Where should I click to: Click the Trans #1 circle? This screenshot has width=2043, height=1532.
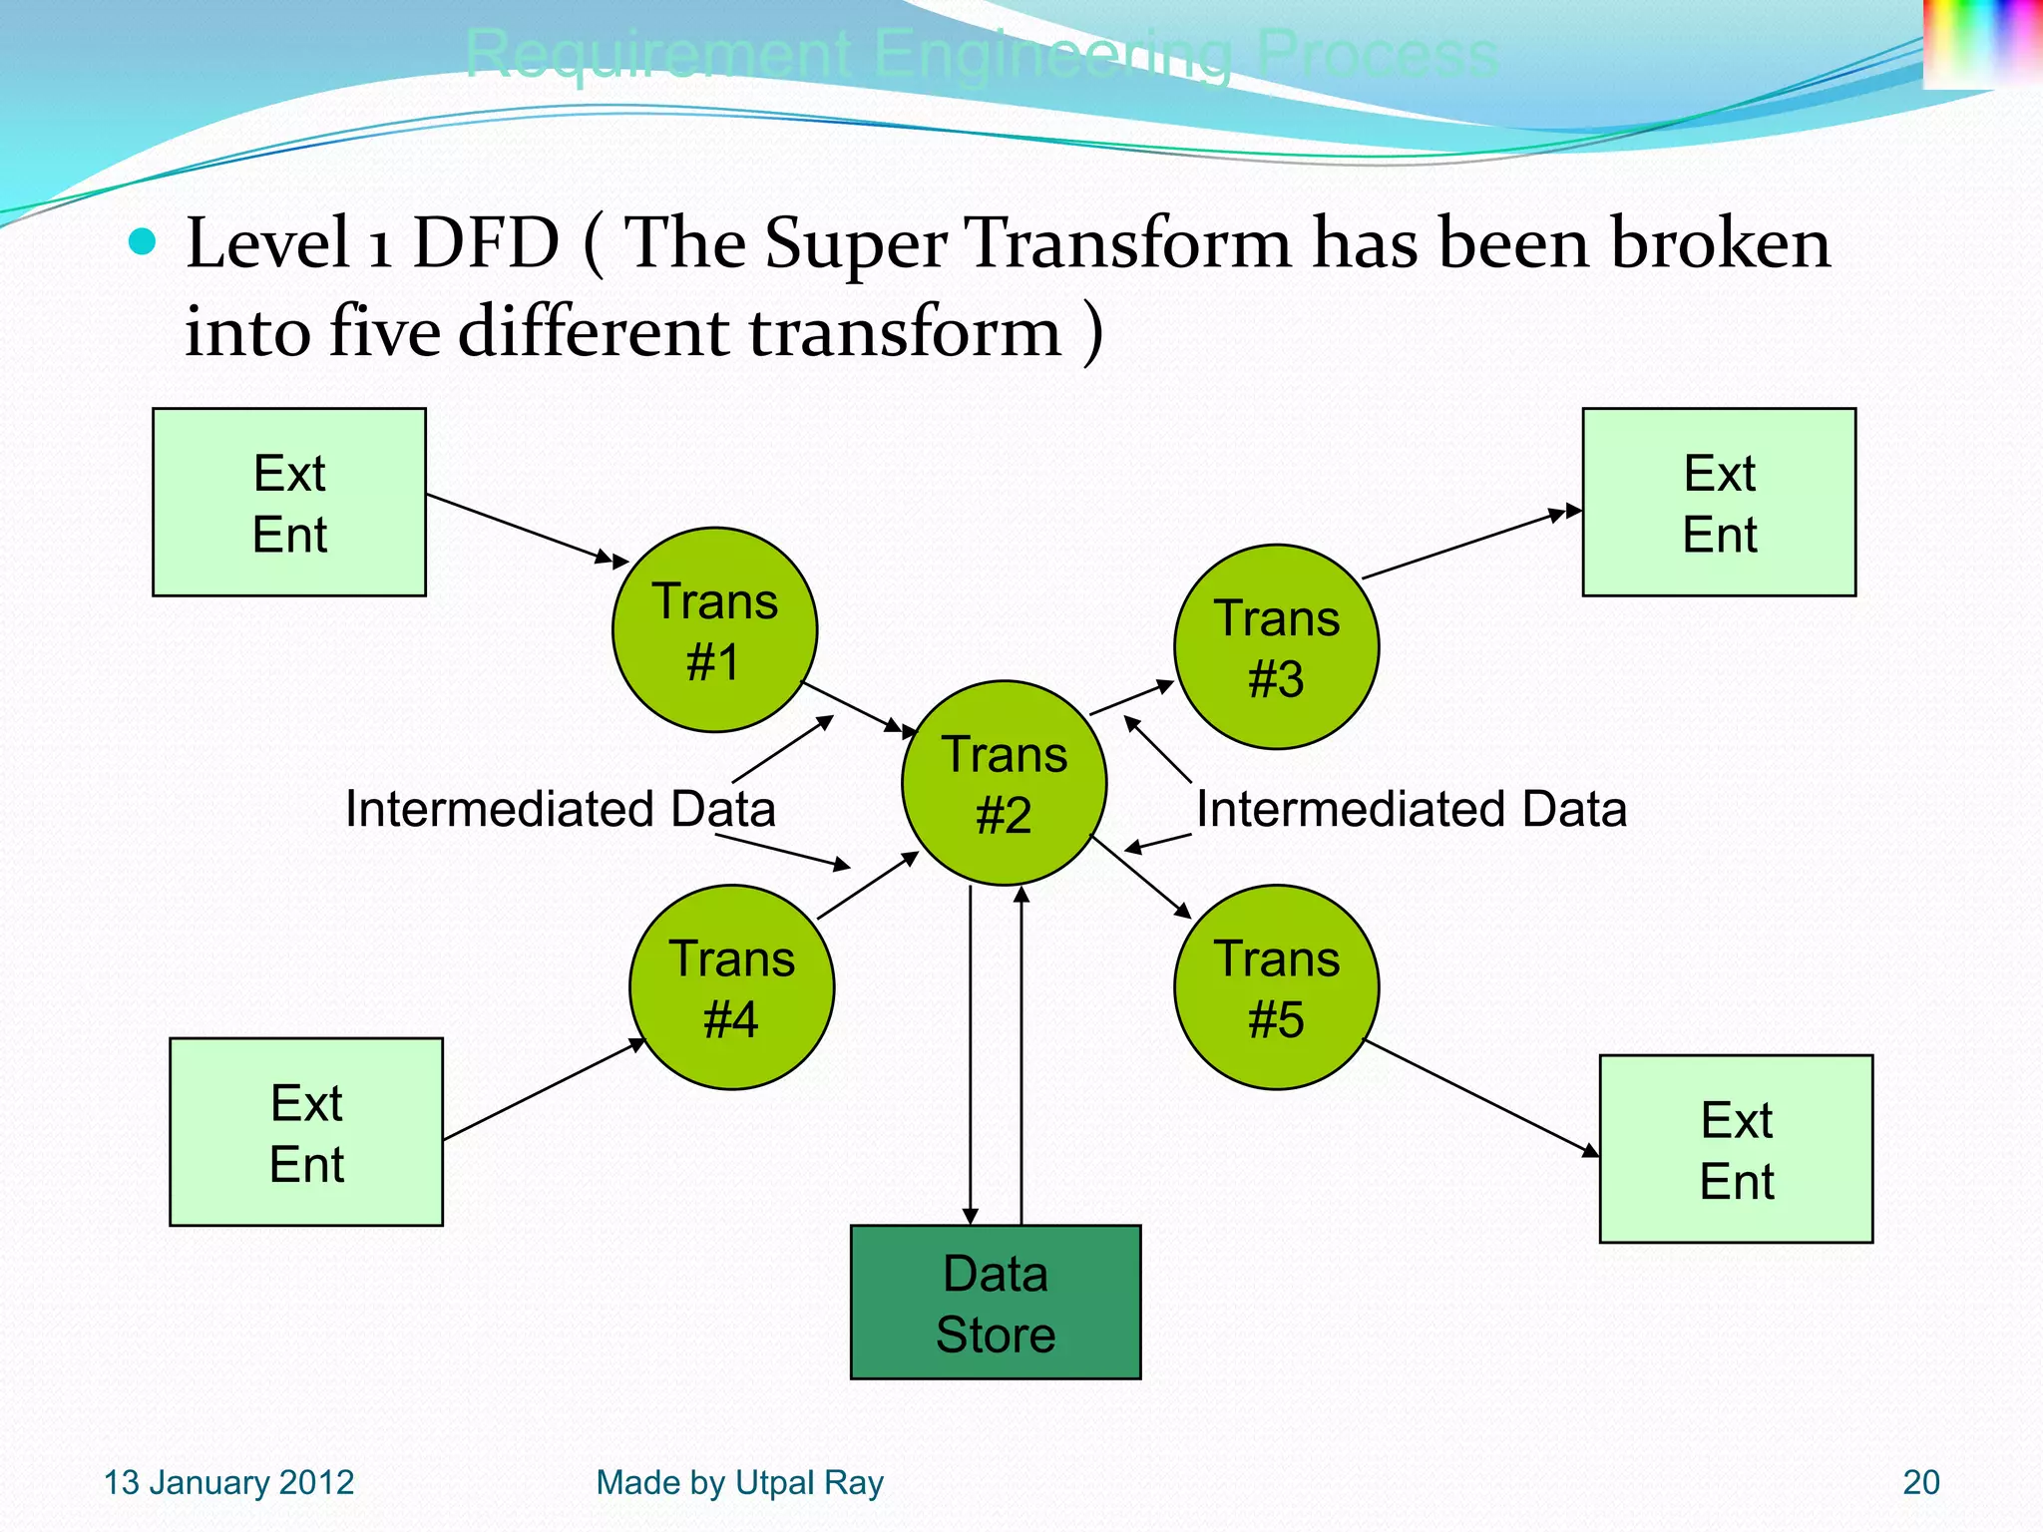pyautogui.click(x=714, y=629)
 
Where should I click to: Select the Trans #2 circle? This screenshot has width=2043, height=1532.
pyautogui.click(x=1004, y=783)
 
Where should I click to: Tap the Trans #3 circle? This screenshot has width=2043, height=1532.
pyautogui.click(x=1276, y=646)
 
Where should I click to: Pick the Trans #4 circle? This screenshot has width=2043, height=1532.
pyautogui.click(x=731, y=986)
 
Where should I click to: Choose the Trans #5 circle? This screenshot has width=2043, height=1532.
pyautogui.click(x=1276, y=986)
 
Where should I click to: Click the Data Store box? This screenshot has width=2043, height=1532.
pyautogui.click(x=995, y=1302)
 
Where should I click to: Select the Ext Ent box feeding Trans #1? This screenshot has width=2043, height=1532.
pyautogui.click(x=289, y=502)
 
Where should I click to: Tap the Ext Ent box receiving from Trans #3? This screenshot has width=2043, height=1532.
pyautogui.click(x=1719, y=502)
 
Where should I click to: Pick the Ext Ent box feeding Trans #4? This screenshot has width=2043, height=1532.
pyautogui.click(x=306, y=1131)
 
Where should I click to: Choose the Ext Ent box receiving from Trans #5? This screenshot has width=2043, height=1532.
pyautogui.click(x=1736, y=1148)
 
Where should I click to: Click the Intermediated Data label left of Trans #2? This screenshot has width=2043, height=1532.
pyautogui.click(x=560, y=808)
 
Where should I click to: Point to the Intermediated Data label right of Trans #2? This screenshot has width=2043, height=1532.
pyautogui.click(x=1411, y=808)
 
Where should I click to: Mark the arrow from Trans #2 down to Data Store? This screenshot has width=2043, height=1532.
pyautogui.click(x=971, y=1057)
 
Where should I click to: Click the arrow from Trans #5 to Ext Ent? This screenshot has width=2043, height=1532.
pyautogui.click(x=1480, y=1098)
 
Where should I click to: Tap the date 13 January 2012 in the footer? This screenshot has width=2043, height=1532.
pyautogui.click(x=228, y=1482)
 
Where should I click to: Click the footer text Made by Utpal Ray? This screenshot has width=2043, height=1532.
pyautogui.click(x=739, y=1482)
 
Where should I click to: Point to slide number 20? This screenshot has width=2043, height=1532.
pyautogui.click(x=1920, y=1482)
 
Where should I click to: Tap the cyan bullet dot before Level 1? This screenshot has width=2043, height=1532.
pyautogui.click(x=144, y=241)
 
